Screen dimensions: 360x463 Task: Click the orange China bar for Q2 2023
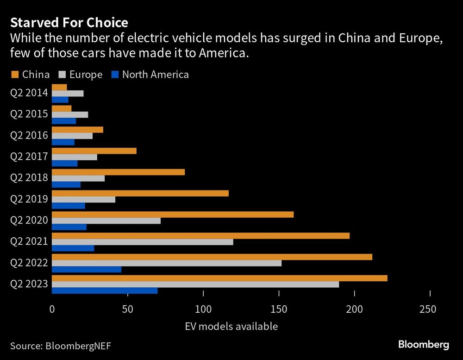click(219, 278)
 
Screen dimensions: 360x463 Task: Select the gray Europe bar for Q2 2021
click(143, 242)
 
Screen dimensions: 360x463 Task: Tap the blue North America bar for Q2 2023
click(105, 291)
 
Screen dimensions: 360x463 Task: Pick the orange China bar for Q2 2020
click(173, 215)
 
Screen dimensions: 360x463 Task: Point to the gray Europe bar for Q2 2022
click(167, 263)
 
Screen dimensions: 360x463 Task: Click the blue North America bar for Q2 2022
click(87, 269)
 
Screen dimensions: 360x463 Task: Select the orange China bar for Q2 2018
click(118, 172)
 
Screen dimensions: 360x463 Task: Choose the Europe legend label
click(86, 75)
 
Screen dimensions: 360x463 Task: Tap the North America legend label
click(155, 75)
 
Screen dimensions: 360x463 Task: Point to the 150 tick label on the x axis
click(279, 309)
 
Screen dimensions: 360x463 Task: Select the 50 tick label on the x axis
click(127, 309)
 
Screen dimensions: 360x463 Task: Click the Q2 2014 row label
click(29, 93)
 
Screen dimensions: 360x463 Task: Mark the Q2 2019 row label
click(29, 199)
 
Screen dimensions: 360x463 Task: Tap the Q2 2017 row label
click(29, 157)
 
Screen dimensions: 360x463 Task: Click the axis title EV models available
click(231, 326)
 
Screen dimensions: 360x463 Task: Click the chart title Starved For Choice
click(69, 22)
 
